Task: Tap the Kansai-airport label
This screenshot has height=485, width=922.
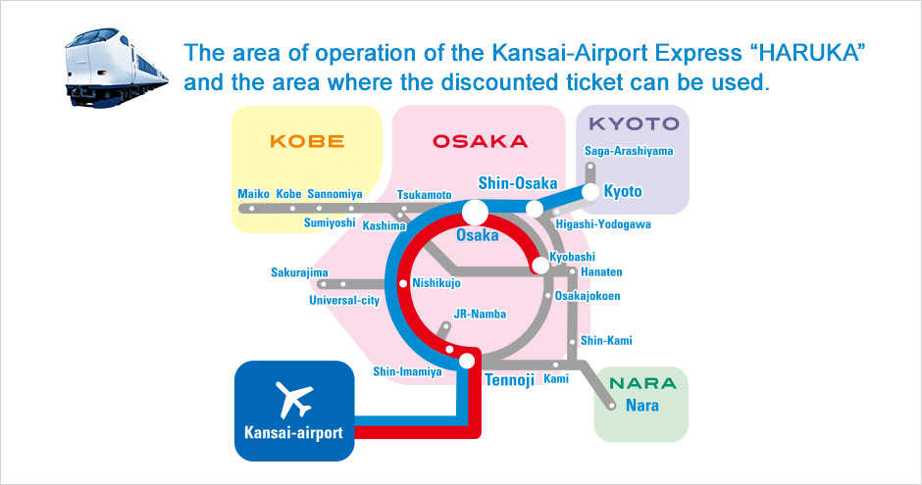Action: pos(293,430)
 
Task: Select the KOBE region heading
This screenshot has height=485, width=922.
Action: pos(307,141)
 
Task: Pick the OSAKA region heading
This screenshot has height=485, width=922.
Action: pos(480,141)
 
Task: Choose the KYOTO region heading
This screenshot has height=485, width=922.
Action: pos(633,124)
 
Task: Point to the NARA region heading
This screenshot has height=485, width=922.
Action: pos(641,383)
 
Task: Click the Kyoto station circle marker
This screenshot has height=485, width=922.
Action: pos(590,192)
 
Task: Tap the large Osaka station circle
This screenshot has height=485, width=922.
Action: pos(476,212)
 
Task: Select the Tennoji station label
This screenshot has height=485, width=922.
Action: pos(508,379)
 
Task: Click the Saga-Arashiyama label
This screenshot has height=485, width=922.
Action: pos(629,151)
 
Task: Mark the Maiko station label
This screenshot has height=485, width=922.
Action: pos(253,194)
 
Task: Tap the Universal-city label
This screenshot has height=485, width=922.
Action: pos(343,300)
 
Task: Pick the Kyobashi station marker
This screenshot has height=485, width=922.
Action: pos(539,266)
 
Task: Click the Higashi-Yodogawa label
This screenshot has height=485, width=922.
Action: pos(602,224)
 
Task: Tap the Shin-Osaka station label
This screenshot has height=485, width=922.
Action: pos(517,183)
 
